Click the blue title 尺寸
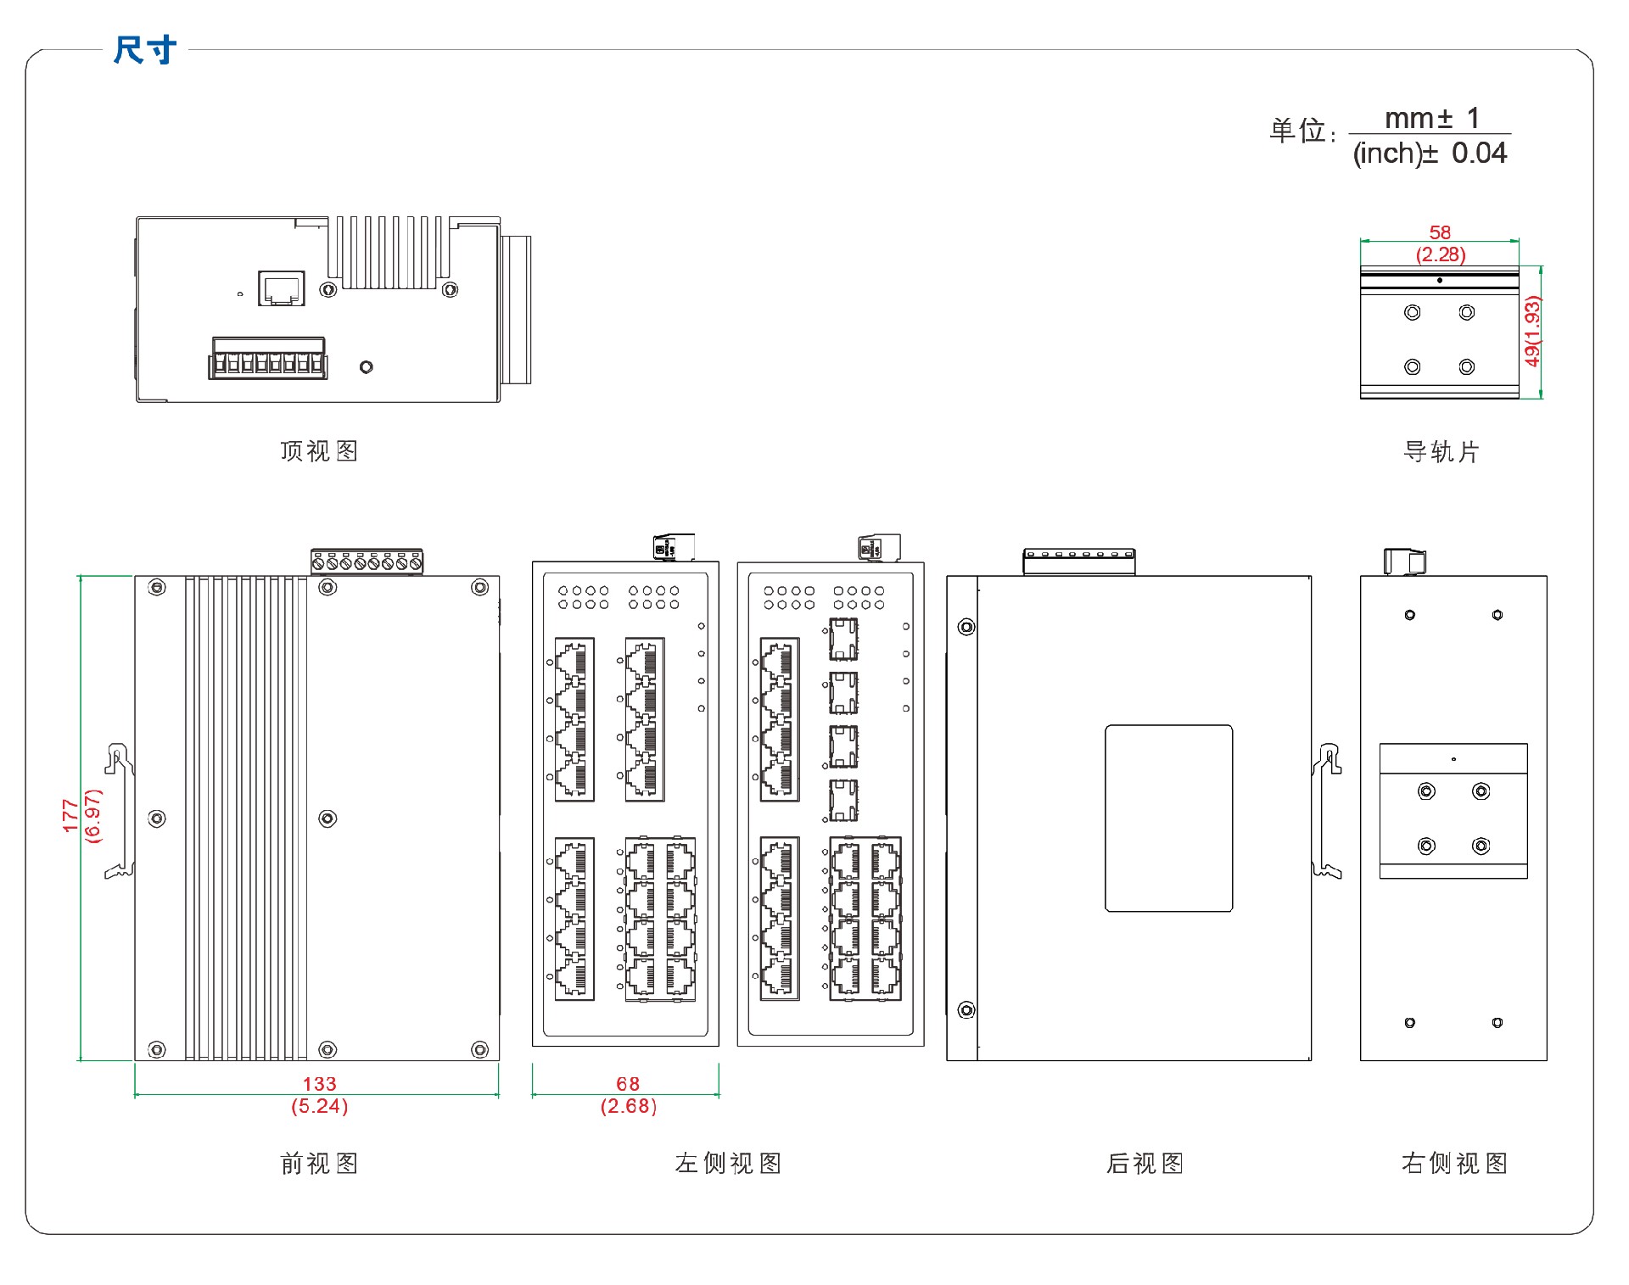pyautogui.click(x=145, y=50)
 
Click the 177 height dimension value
pyautogui.click(x=70, y=815)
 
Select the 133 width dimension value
pyautogui.click(x=319, y=1083)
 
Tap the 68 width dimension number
pyautogui.click(x=628, y=1083)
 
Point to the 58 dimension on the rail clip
pyautogui.click(x=1440, y=232)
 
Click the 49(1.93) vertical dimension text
pyautogui.click(x=1531, y=332)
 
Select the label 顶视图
pyautogui.click(x=319, y=451)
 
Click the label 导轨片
pyautogui.click(x=1441, y=452)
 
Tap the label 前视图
pyautogui.click(x=319, y=1163)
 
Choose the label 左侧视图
pyautogui.click(x=728, y=1163)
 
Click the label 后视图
pyautogui.click(x=1145, y=1163)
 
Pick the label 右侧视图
pyautogui.click(x=1454, y=1163)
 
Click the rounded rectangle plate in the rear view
pyautogui.click(x=1168, y=818)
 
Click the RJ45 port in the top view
pyautogui.click(x=281, y=289)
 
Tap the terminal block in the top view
pyautogui.click(x=268, y=358)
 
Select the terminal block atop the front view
pyautogui.click(x=367, y=561)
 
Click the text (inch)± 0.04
pyautogui.click(x=1430, y=154)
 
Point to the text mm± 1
pyautogui.click(x=1431, y=118)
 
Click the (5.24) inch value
pyautogui.click(x=319, y=1106)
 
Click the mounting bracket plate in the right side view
pyautogui.click(x=1453, y=811)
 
